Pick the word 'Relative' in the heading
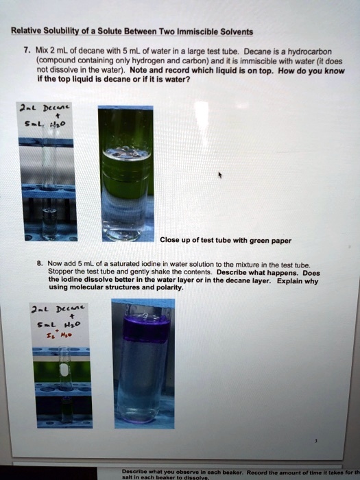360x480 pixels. pyautogui.click(x=26, y=32)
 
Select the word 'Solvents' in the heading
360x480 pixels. pyautogui.click(x=237, y=32)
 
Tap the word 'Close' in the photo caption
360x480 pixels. pyautogui.click(x=169, y=240)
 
